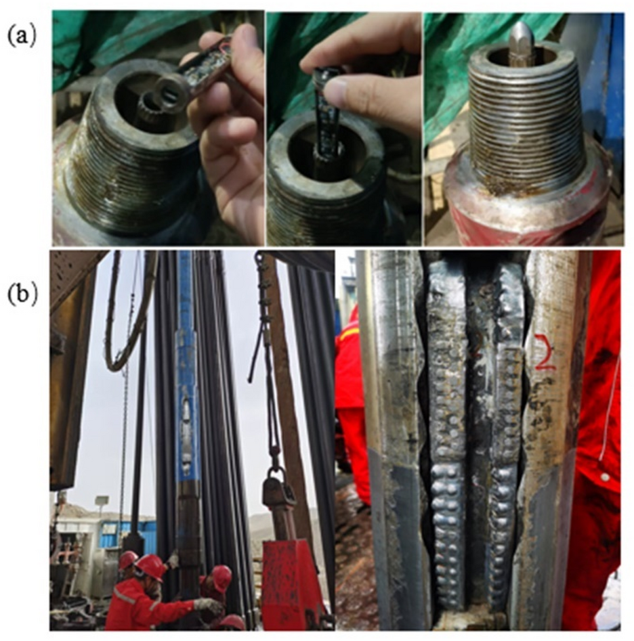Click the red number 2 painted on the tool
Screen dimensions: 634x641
point(546,353)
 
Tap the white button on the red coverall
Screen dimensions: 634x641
point(604,477)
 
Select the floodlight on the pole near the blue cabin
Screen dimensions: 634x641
point(102,500)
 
